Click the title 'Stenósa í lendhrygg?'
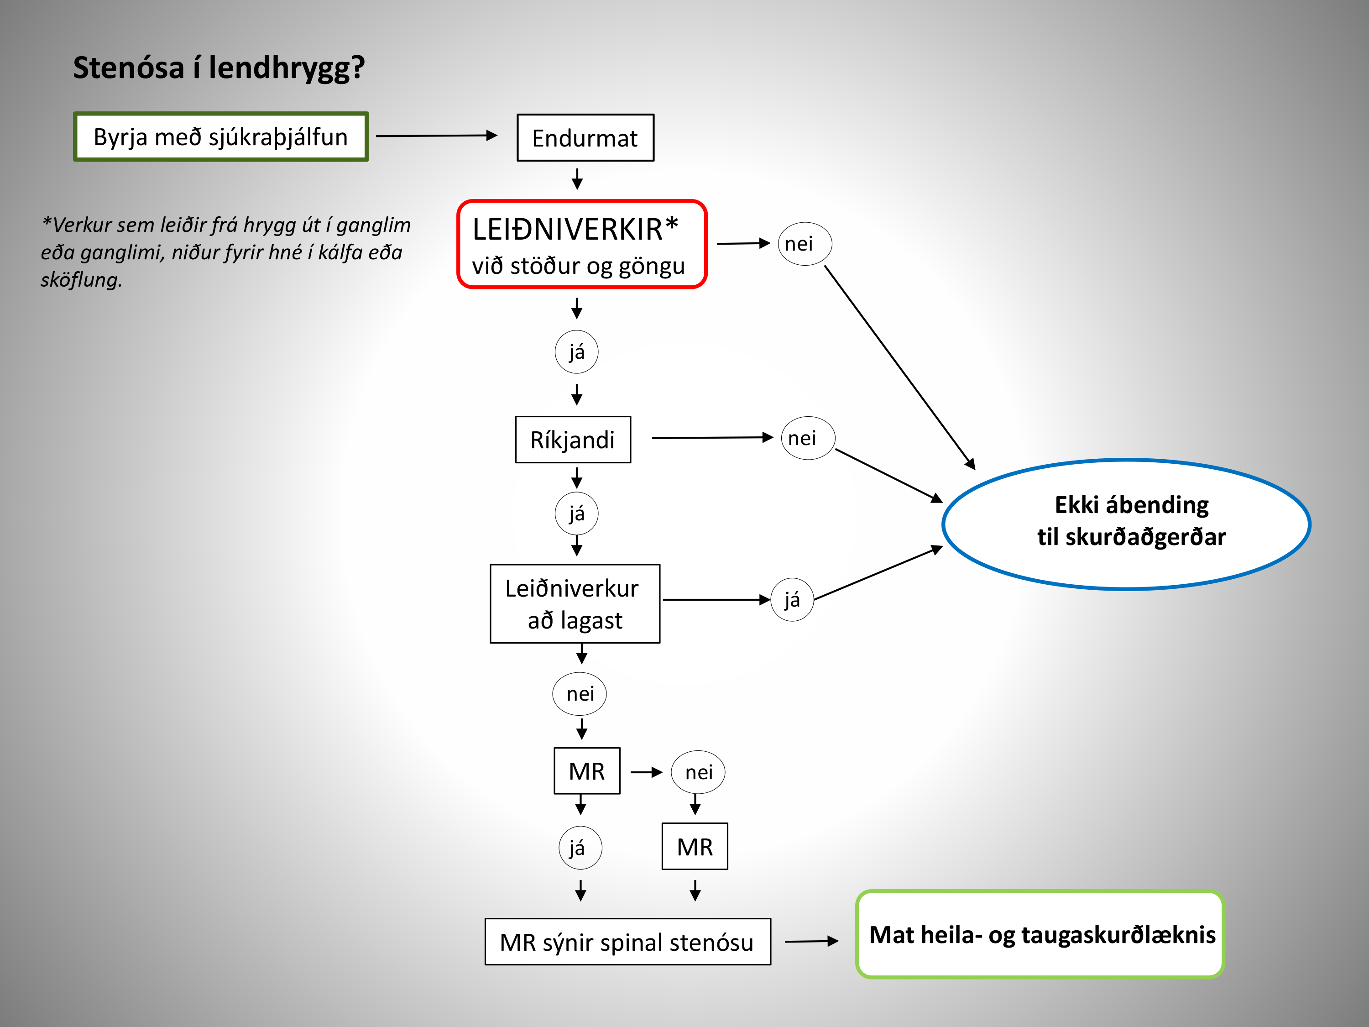219,68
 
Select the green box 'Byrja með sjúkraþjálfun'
221,137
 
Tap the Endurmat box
585,137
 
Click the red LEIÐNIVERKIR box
581,245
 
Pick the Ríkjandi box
573,440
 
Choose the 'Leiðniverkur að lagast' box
575,603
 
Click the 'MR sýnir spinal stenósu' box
627,942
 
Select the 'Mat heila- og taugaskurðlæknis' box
1040,934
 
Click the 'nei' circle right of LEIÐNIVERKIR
804,244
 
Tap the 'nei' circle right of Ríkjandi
807,438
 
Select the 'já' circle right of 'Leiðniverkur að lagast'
792,600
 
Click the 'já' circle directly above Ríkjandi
576,352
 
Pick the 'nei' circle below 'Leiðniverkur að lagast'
579,694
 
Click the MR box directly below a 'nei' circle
695,846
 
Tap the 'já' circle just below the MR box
580,848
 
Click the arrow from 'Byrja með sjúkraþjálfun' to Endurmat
436,136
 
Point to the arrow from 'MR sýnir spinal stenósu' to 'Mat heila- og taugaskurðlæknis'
811,942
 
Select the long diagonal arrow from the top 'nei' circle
899,368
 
